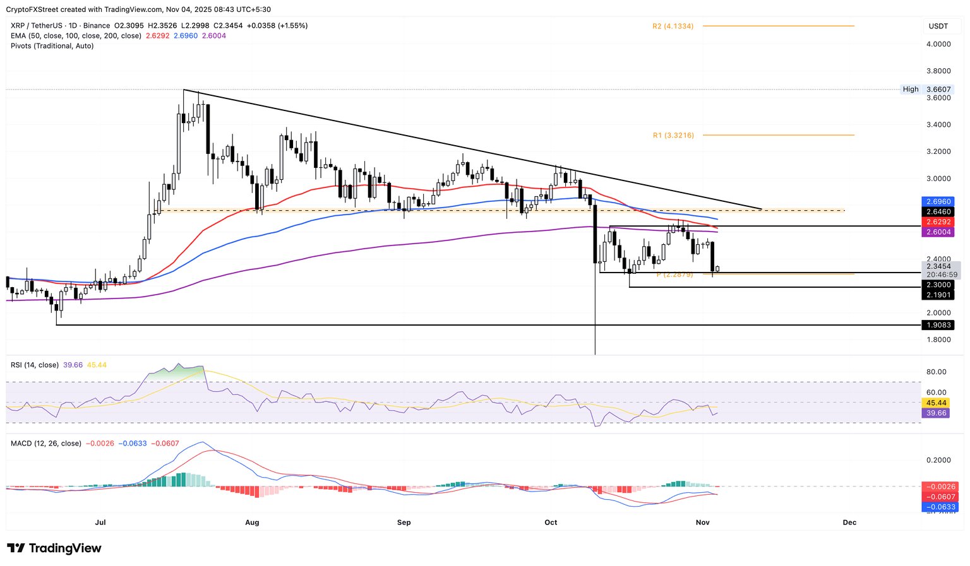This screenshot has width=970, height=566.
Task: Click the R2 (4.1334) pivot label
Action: (673, 27)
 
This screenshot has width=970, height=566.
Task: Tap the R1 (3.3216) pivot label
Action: (673, 136)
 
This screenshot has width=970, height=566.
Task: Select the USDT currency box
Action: (938, 26)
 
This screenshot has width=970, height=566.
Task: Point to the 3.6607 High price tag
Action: (938, 90)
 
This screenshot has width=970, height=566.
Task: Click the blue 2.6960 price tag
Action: (939, 202)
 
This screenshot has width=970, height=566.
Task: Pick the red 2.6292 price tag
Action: (939, 222)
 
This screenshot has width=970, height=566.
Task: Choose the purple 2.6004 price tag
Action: (939, 232)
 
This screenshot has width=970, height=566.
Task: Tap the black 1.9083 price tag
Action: (939, 325)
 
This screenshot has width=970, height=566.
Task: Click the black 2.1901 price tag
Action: (939, 295)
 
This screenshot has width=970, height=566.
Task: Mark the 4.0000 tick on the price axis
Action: (938, 44)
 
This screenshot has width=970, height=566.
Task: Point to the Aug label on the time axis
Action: (252, 522)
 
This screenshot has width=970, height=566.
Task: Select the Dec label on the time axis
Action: (849, 522)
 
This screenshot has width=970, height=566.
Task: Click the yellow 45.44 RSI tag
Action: (937, 403)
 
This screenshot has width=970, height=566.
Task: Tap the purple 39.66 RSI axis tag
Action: (937, 413)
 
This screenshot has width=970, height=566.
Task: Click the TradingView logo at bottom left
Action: (54, 548)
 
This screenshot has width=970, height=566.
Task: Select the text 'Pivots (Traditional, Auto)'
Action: (52, 46)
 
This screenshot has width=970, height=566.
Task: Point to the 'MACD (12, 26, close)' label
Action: (46, 444)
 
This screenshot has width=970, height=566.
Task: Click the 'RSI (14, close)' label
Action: (35, 365)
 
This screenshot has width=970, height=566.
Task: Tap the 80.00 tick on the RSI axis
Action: (937, 372)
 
